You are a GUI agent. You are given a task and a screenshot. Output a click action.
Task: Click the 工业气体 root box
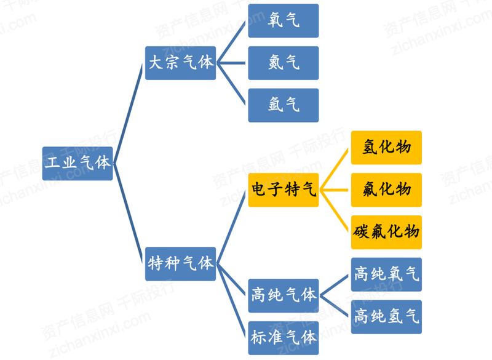coord(77,164)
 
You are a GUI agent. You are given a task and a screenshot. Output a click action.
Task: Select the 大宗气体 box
coord(180,63)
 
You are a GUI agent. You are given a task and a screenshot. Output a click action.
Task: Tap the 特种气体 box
coord(180,264)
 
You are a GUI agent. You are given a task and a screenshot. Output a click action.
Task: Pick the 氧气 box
coord(284,21)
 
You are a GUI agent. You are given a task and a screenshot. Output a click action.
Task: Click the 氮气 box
coord(284,63)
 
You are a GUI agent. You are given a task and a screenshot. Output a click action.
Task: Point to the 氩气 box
coord(284,105)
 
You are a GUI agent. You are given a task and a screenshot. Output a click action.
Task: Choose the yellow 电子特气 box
coord(284,190)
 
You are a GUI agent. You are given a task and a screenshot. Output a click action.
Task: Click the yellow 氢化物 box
coord(386,148)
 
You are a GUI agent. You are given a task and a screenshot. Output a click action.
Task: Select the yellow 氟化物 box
coord(386,190)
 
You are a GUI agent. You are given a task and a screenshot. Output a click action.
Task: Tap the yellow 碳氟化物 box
coord(386,232)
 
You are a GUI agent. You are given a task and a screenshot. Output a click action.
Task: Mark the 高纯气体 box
coord(284,295)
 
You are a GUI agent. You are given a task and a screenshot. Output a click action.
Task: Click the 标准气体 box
coord(284,338)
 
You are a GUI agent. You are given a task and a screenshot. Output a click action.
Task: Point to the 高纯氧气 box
coord(386,274)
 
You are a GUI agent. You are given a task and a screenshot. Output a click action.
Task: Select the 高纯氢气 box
coord(386,317)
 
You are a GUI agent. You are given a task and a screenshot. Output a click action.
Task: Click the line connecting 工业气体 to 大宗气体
coord(129,113)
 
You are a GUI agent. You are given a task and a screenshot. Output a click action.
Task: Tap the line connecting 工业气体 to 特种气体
coord(129,214)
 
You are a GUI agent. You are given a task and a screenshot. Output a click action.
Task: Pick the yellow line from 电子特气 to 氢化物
coord(334,169)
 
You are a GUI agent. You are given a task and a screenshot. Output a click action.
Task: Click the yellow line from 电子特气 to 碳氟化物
coord(334,211)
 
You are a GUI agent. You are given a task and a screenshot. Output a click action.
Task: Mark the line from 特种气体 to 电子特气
coord(231,227)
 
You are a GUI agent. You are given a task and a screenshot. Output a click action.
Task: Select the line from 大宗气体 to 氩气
coord(231,84)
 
